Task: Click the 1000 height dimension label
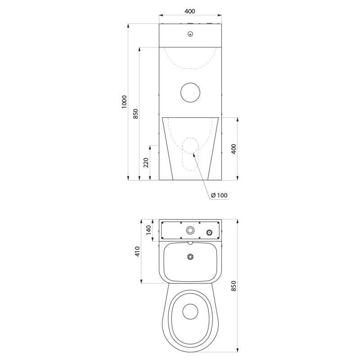click(124, 102)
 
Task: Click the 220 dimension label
click(146, 162)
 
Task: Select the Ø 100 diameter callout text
click(219, 195)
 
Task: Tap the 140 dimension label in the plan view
click(148, 230)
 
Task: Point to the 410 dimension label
click(137, 252)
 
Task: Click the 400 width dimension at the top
click(190, 11)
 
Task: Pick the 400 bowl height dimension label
click(234, 149)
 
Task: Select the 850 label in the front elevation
click(136, 114)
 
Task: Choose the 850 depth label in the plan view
click(234, 286)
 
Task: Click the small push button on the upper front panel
click(190, 34)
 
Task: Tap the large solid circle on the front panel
click(190, 93)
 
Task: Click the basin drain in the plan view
click(190, 257)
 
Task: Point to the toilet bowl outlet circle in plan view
click(190, 311)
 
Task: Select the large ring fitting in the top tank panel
click(190, 230)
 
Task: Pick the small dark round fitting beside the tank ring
click(209, 233)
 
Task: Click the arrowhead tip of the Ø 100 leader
click(193, 153)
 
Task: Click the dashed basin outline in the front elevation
click(190, 68)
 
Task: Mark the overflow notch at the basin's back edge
click(190, 243)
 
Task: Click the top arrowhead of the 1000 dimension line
click(128, 24)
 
